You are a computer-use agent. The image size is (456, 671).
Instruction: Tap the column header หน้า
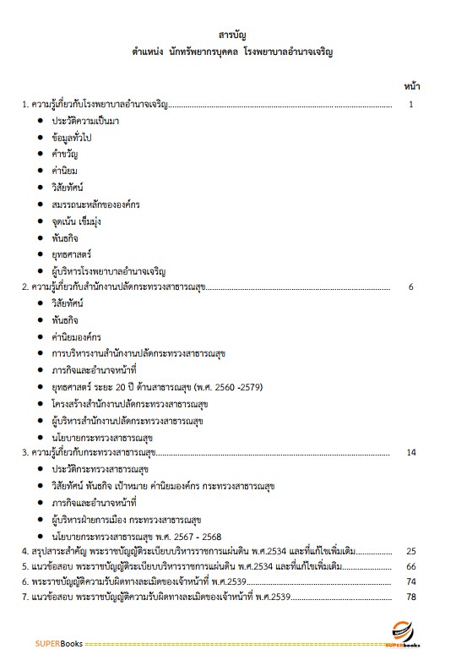[412, 86]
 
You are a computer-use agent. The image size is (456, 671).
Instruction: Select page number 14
[411, 452]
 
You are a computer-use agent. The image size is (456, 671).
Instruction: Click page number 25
[411, 551]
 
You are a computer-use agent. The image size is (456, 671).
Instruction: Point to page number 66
[411, 566]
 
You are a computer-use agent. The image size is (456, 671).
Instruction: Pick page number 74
[411, 581]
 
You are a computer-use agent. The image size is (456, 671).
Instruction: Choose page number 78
[411, 597]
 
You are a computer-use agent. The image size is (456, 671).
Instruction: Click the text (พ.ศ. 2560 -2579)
[227, 386]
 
